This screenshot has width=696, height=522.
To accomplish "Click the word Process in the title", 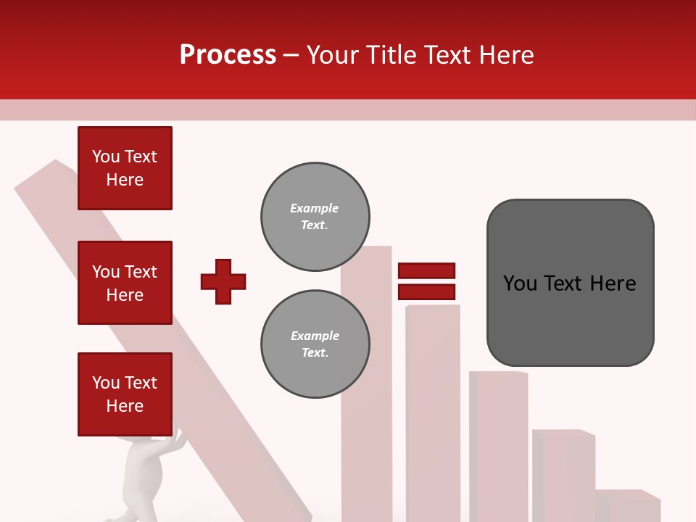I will pos(228,55).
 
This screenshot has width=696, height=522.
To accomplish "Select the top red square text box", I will pos(125,168).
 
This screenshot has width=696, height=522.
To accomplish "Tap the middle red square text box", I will pos(125,283).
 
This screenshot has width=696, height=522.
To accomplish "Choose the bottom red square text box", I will pos(125,394).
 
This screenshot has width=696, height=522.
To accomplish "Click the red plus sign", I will pos(223,281).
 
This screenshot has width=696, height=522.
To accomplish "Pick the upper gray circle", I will pos(315,217).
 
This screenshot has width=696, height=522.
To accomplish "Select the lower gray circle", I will pos(315,344).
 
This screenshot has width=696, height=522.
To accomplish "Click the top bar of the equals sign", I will pos(426,271).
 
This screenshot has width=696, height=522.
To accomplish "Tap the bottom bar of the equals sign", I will pos(426,292).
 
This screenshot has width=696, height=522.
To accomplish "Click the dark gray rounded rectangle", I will pos(570,283).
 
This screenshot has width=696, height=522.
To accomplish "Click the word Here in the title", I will pos(505,55).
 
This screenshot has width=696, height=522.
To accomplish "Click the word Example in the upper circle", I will pos(314,208).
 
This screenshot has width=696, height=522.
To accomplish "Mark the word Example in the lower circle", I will pos(315,336).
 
